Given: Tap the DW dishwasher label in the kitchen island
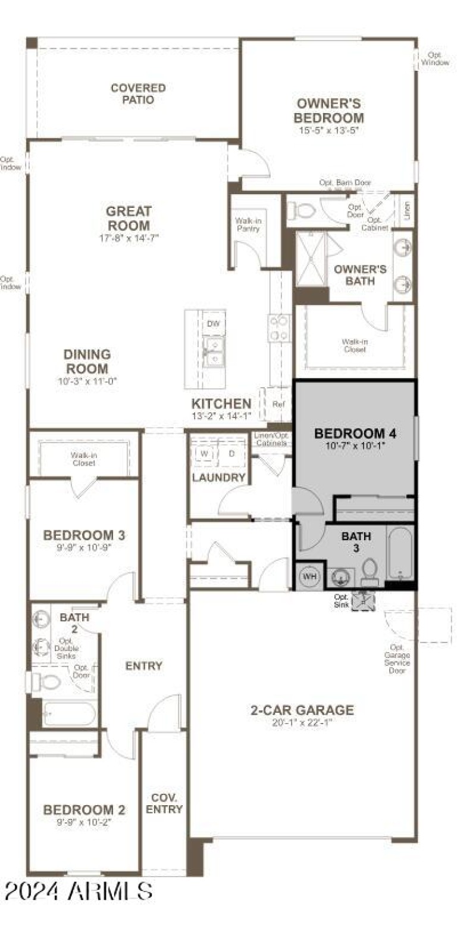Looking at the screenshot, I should [212, 323].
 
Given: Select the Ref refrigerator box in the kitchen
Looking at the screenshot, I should [277, 404].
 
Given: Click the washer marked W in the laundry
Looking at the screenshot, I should [203, 453].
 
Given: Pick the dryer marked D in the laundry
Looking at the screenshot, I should [231, 453].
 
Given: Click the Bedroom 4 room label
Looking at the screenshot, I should [355, 433].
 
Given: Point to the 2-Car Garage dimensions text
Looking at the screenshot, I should [302, 722].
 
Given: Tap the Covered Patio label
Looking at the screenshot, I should [138, 94].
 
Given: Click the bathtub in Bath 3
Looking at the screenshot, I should [399, 553].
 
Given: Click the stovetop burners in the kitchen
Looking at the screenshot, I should [279, 328].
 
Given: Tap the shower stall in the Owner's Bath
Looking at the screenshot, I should [311, 259].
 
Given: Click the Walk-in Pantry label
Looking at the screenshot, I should [248, 225].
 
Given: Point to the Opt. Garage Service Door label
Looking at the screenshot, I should [397, 659].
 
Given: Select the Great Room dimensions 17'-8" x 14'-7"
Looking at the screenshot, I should [129, 238].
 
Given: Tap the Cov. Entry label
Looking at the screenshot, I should [164, 803].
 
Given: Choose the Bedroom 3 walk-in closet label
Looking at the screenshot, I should [84, 459].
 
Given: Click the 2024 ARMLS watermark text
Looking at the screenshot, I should [78, 892].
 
